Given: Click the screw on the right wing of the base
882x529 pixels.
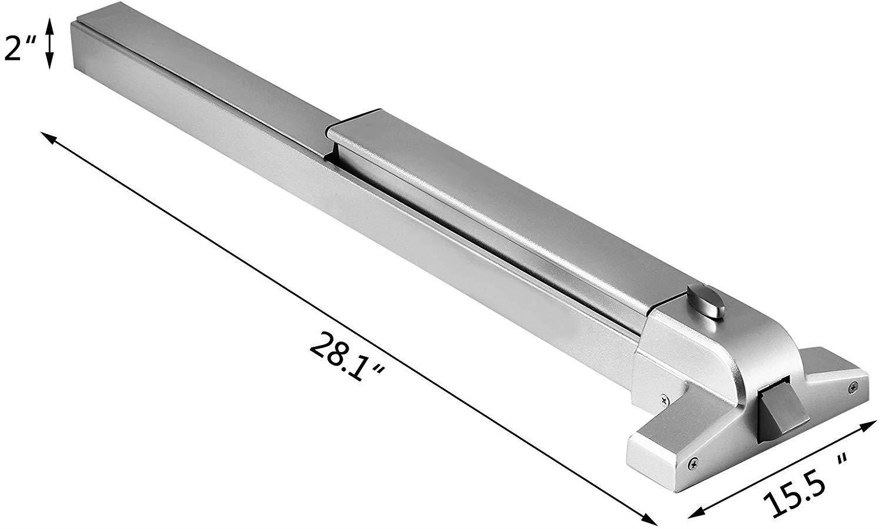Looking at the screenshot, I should pyautogui.click(x=853, y=386).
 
